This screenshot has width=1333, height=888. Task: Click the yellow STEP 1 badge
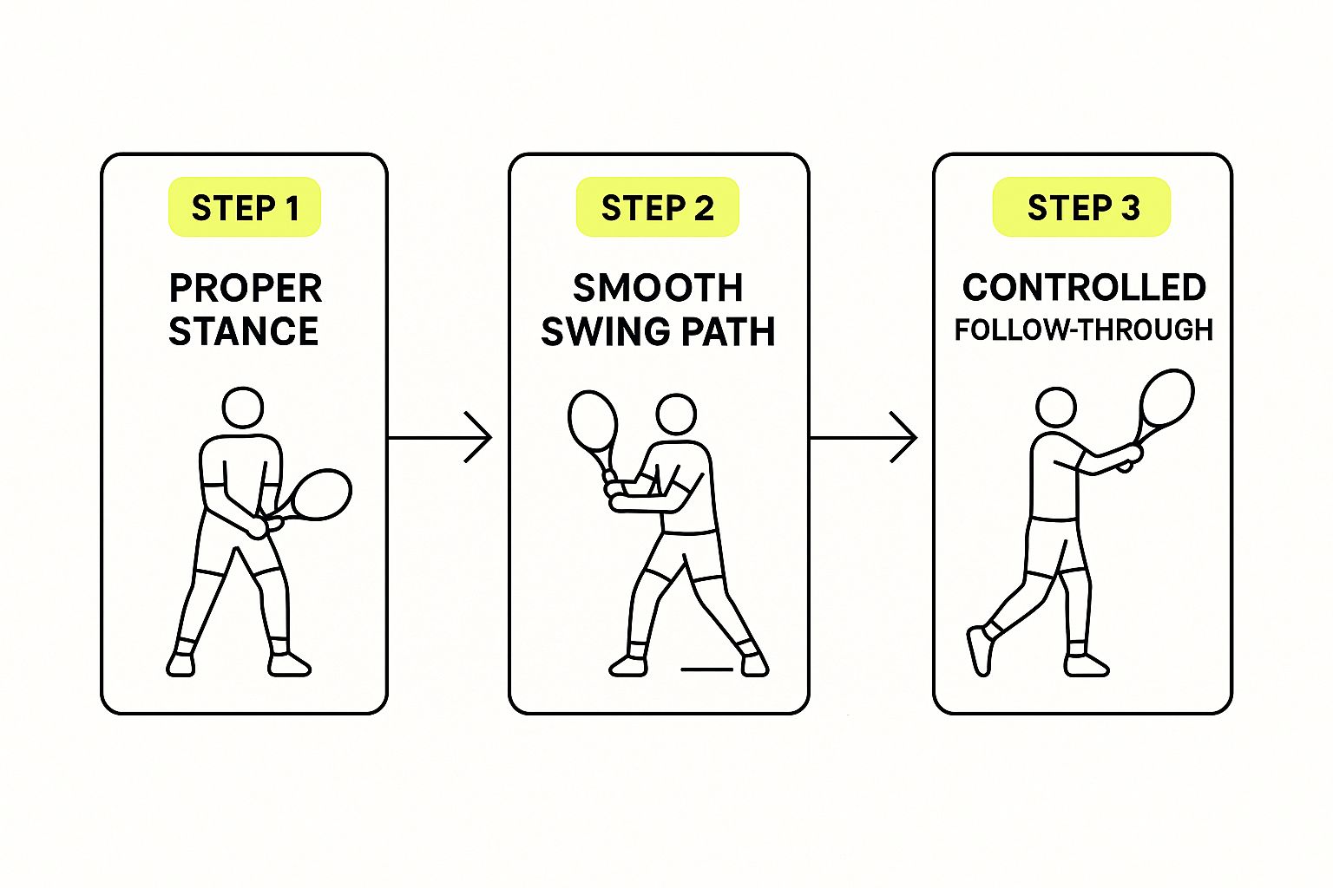coord(245,207)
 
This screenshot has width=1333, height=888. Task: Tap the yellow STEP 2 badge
coord(658,207)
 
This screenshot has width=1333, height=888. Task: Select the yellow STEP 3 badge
coord(1082,207)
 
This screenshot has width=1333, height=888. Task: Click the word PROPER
coord(246,289)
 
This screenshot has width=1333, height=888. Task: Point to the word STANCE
coord(243,331)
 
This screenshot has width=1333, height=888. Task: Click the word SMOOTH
coord(658,289)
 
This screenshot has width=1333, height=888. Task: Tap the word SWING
coord(606,331)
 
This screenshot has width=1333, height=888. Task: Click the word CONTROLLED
coord(1084,288)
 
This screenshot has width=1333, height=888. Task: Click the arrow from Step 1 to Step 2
coord(440,438)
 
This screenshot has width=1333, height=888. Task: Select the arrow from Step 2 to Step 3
coord(863,438)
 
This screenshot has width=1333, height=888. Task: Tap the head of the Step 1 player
coord(243,408)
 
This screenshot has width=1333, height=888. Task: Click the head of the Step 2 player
coord(676,415)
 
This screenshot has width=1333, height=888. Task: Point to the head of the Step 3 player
coord(1056,408)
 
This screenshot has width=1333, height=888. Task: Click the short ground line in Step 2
coord(706,669)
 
